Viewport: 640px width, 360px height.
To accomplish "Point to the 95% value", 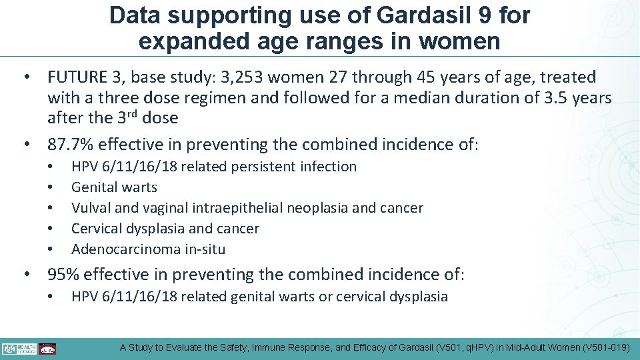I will tap(63, 274).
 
